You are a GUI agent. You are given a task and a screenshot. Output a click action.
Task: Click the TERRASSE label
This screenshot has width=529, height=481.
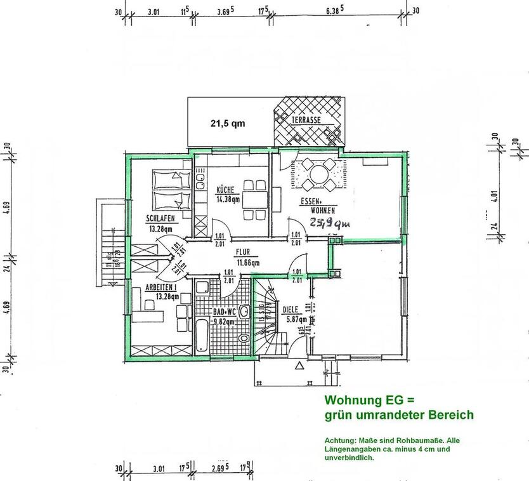pyautogui.click(x=306, y=120)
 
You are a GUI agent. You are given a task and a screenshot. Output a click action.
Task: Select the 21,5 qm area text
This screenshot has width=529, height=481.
pyautogui.click(x=228, y=124)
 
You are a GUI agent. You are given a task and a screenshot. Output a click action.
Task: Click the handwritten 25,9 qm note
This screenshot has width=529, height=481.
pyautogui.click(x=329, y=223)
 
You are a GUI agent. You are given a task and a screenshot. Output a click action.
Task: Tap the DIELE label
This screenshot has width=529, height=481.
pyautogui.click(x=291, y=310)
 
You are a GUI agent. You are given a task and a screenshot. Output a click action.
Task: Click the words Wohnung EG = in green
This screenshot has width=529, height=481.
pyautogui.click(x=369, y=400)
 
